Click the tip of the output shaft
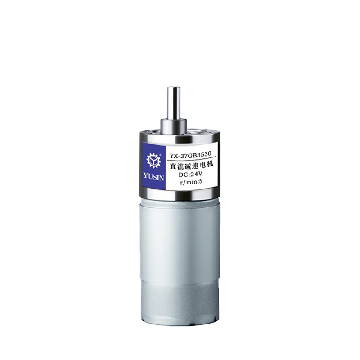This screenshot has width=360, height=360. tap(174, 88)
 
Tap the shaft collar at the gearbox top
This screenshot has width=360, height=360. tap(174, 126)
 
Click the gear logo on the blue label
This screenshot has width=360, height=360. tap(153, 160)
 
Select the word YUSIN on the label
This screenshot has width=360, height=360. tap(153, 177)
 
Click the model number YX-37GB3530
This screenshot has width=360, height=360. tap(190, 154)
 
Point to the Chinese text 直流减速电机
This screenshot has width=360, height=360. tap(192, 165)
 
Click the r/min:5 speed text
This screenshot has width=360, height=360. tap(191, 182)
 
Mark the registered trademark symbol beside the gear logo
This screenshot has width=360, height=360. tap(160, 155)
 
